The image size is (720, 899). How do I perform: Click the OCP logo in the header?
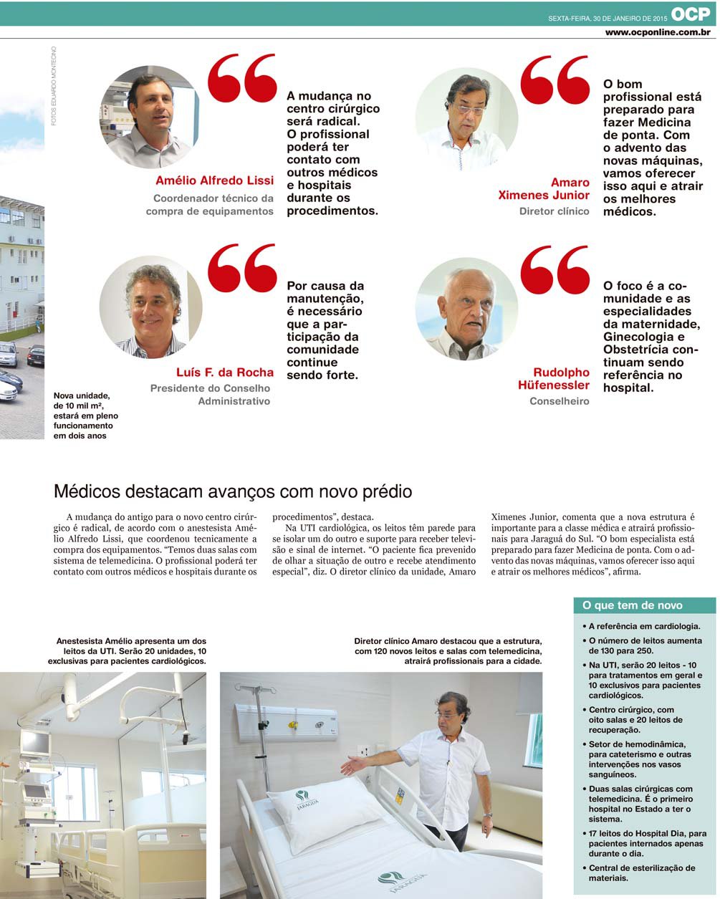click(691, 14)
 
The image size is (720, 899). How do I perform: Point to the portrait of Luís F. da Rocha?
click(150, 307)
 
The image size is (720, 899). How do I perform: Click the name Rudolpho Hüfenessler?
click(554, 379)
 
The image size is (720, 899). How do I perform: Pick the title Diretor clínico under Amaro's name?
click(554, 211)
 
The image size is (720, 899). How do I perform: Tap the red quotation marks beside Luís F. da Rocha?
click(242, 269)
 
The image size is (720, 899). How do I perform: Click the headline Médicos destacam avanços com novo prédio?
click(233, 492)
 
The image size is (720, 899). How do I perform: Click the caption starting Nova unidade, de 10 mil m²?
click(86, 415)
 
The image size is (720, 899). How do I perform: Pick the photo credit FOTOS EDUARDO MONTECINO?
click(54, 86)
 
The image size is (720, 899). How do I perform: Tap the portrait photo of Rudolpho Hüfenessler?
click(466, 309)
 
